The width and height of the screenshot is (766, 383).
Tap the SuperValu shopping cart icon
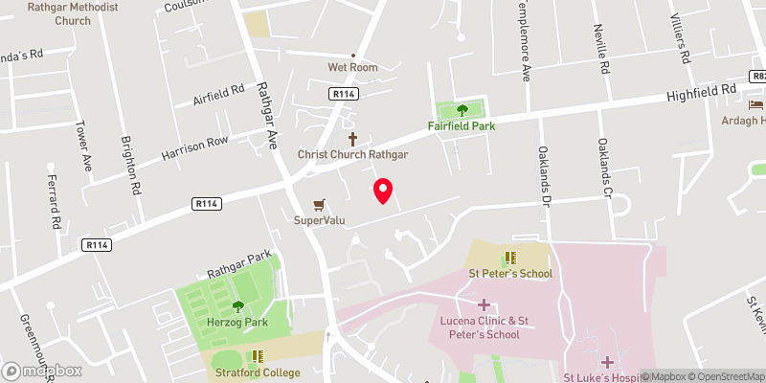coord(320,204)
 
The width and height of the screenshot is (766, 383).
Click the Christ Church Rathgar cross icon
coord(352,138)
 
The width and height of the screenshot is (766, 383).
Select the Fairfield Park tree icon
coord(462,109)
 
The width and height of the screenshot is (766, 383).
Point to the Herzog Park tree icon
coord(237,306)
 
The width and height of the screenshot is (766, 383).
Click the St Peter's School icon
coord(510,257)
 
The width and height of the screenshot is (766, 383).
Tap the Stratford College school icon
coord(257,356)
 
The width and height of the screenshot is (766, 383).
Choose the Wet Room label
coord(352,67)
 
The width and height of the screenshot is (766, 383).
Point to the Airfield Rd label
coord(219,95)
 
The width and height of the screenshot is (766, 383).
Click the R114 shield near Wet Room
coord(344,94)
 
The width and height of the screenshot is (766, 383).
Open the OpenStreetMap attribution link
coord(728,376)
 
